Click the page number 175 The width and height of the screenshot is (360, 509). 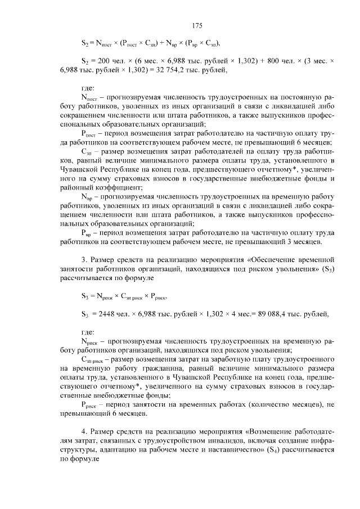click(x=197, y=25)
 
